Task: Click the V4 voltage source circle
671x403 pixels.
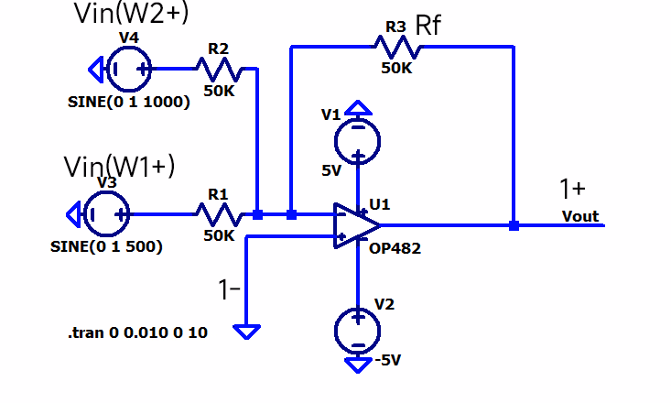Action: [129, 68]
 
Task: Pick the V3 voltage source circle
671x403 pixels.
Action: [106, 214]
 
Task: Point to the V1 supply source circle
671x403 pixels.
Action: [357, 141]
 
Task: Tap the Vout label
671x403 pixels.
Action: [580, 216]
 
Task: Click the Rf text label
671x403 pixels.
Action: [428, 25]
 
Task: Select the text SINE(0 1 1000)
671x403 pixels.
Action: [129, 102]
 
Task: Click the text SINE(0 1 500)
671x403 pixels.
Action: [108, 246]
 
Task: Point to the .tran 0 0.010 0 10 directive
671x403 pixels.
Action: [137, 333]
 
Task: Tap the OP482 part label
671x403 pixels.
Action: [395, 247]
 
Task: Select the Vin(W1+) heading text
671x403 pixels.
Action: [119, 166]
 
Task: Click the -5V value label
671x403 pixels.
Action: [387, 360]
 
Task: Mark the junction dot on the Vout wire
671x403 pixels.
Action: [514, 225]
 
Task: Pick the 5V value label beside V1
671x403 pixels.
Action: [331, 170]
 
